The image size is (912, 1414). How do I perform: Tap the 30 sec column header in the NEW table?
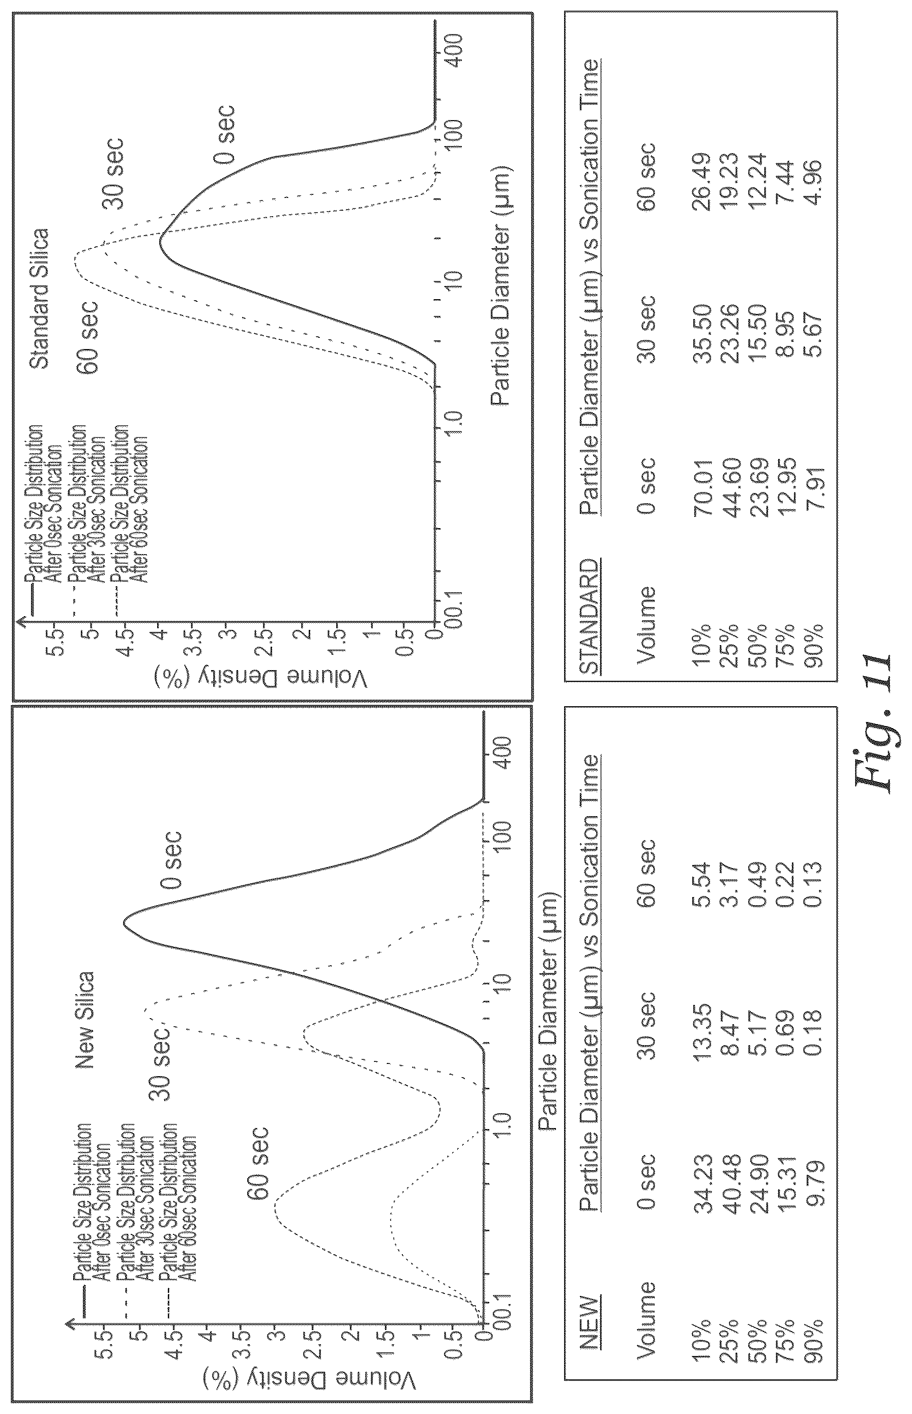[x=648, y=1027]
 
